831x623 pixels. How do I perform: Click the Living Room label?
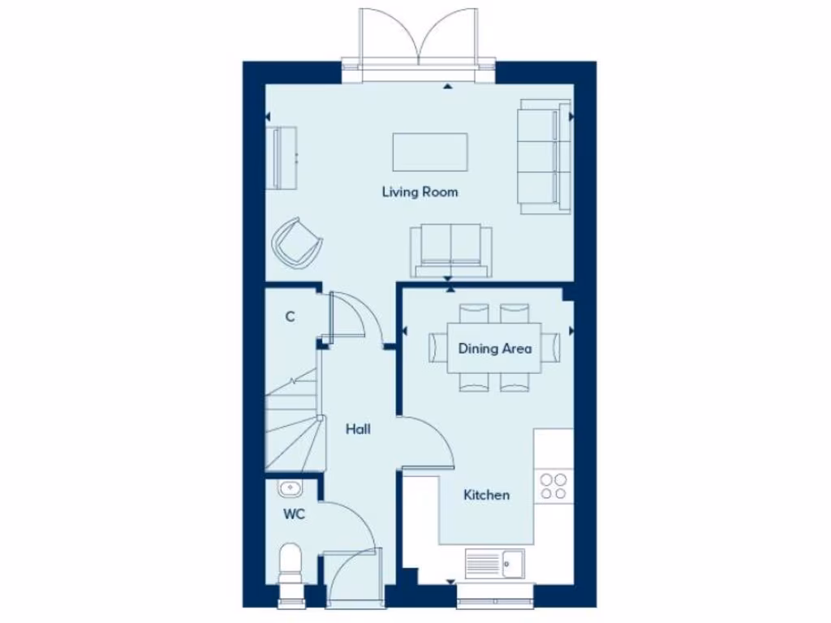(420, 192)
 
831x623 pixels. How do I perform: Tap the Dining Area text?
(495, 349)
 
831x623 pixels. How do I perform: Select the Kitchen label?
(486, 495)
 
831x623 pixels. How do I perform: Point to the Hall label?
(358, 429)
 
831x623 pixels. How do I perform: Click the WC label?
(294, 514)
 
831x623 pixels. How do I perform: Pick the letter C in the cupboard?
(290, 317)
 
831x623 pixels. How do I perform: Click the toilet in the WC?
(290, 565)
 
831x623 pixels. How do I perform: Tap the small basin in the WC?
(289, 488)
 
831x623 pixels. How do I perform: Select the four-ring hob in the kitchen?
(553, 486)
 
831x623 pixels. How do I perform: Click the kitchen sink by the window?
(496, 561)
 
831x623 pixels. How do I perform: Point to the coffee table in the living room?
(430, 153)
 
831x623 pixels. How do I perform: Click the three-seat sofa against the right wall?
(543, 157)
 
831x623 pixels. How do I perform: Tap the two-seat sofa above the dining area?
(450, 250)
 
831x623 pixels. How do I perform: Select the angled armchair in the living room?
(296, 242)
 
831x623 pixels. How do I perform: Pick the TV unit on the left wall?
(283, 157)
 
